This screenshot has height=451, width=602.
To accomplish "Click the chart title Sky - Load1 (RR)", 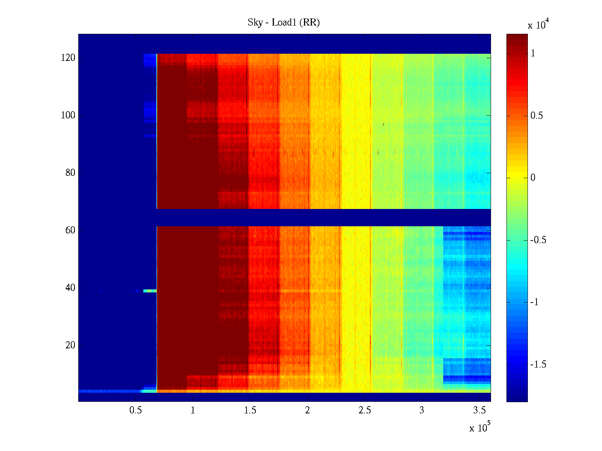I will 284,23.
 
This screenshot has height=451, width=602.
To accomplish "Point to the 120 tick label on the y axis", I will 68,58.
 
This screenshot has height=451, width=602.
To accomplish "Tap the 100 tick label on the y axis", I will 68,115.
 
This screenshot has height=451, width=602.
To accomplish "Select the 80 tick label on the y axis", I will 70,173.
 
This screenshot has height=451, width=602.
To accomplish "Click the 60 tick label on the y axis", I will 70,230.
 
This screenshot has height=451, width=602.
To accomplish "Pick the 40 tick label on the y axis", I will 70,288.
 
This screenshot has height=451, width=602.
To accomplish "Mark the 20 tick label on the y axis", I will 70,345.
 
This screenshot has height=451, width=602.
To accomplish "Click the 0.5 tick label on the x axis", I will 135,410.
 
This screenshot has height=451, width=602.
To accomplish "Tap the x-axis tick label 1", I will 193,410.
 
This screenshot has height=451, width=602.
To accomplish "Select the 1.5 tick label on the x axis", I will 250,410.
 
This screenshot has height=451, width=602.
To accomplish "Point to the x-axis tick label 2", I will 307,410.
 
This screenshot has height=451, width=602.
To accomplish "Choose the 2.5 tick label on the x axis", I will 365,410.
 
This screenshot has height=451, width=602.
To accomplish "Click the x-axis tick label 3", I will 422,410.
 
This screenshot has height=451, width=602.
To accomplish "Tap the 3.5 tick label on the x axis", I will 479,410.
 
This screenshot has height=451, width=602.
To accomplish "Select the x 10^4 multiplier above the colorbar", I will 538,24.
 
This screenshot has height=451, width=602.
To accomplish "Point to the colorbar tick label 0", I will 533,178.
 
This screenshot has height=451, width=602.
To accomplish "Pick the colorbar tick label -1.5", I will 538,365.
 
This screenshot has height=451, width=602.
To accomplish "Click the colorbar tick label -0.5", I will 538,240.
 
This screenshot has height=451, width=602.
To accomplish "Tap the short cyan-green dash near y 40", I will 150,291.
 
